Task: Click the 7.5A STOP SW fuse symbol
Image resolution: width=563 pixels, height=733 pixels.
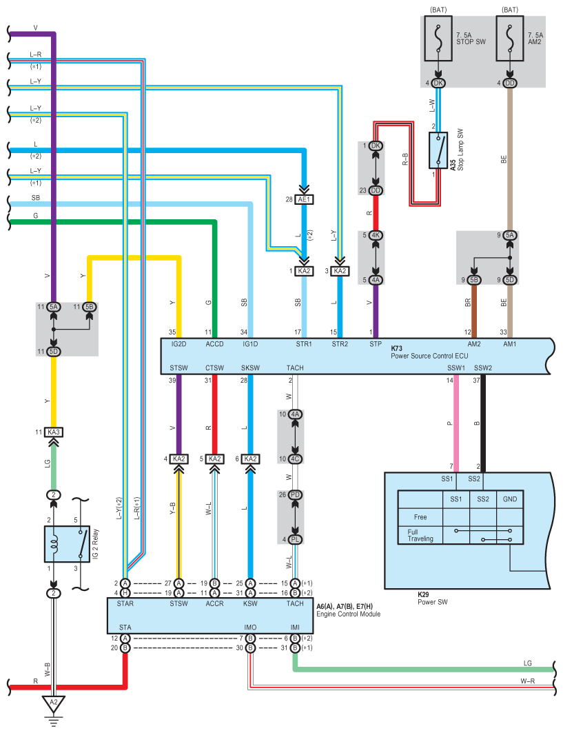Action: coord(438,39)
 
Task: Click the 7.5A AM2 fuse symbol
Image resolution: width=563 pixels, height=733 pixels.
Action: coord(510,39)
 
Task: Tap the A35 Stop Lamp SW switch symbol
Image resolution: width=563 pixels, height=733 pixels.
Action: coord(438,150)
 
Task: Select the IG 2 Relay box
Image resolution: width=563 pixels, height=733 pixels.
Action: coord(68,543)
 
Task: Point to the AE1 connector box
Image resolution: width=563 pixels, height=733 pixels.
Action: coord(304,199)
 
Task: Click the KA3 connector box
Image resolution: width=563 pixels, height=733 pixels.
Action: coord(54,432)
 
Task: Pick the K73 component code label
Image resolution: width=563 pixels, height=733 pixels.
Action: coord(397,348)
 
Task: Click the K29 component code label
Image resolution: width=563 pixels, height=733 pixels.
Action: coord(423,594)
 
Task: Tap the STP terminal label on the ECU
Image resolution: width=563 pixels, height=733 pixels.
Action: coord(376,344)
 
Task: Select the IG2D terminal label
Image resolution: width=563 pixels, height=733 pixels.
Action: coord(179,344)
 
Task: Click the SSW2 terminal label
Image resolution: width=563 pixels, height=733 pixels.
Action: coord(483,368)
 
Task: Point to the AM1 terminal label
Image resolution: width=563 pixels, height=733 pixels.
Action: coord(510,344)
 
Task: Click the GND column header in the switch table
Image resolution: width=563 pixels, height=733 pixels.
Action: coord(510,499)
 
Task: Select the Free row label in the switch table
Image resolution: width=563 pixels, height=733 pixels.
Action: coord(420,517)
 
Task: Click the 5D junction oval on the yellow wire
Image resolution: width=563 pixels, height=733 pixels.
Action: coord(54,352)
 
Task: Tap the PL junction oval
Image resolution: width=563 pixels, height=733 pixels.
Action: coord(296,539)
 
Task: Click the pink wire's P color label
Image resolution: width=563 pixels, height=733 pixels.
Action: coord(449,423)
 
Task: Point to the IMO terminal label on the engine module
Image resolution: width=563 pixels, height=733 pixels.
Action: coord(250,627)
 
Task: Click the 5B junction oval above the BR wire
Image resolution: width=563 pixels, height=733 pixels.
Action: coord(474,280)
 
